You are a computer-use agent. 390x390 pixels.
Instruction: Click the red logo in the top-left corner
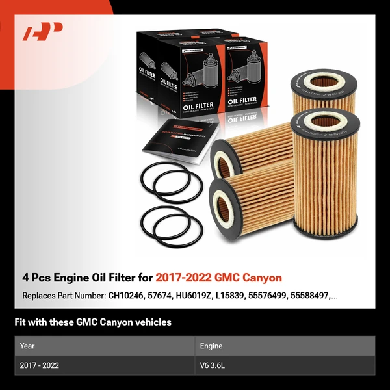[43, 31]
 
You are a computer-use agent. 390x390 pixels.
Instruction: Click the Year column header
[27, 346]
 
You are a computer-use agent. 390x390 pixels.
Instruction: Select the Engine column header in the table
[212, 346]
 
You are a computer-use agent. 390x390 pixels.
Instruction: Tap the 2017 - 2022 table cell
[40, 366]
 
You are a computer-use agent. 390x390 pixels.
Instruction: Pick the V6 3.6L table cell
[212, 366]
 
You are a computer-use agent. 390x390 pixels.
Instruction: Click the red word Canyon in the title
[261, 278]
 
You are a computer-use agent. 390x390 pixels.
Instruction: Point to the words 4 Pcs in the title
[36, 278]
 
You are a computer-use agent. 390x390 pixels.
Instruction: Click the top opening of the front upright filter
[325, 121]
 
